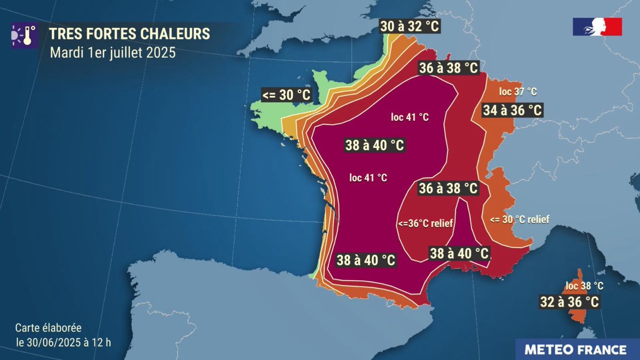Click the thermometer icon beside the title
pyautogui.click(x=23, y=34)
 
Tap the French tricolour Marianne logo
pyautogui.click(x=597, y=27)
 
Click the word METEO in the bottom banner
pyautogui.click(x=548, y=350)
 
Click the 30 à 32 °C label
pyautogui.click(x=410, y=26)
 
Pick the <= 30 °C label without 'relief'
pyautogui.click(x=286, y=95)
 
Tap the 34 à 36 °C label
pyautogui.click(x=512, y=110)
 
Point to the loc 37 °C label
pyautogui.click(x=518, y=92)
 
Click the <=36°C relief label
pyautogui.click(x=426, y=223)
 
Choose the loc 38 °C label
pyautogui.click(x=585, y=286)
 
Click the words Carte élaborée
pyautogui.click(x=48, y=328)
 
